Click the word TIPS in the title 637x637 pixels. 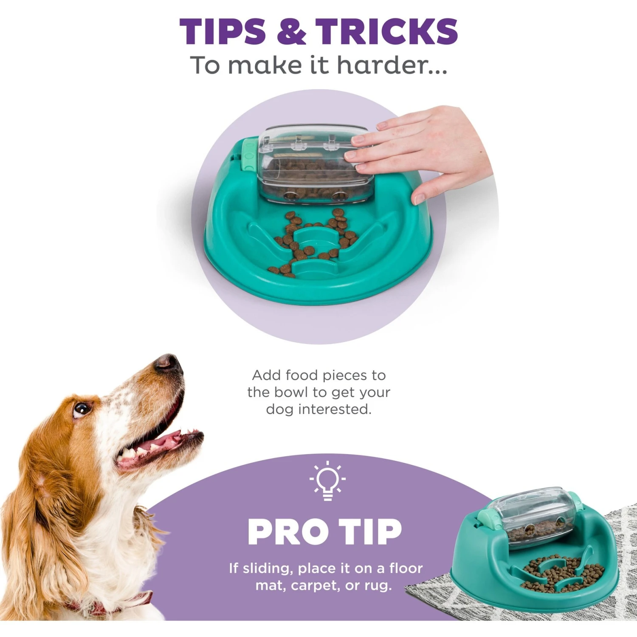(223, 31)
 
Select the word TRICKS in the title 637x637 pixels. (386, 31)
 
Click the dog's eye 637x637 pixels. (81, 409)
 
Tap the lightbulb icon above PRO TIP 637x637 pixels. (327, 480)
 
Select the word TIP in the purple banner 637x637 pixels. (371, 532)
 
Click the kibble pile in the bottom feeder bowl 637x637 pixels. (561, 573)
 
